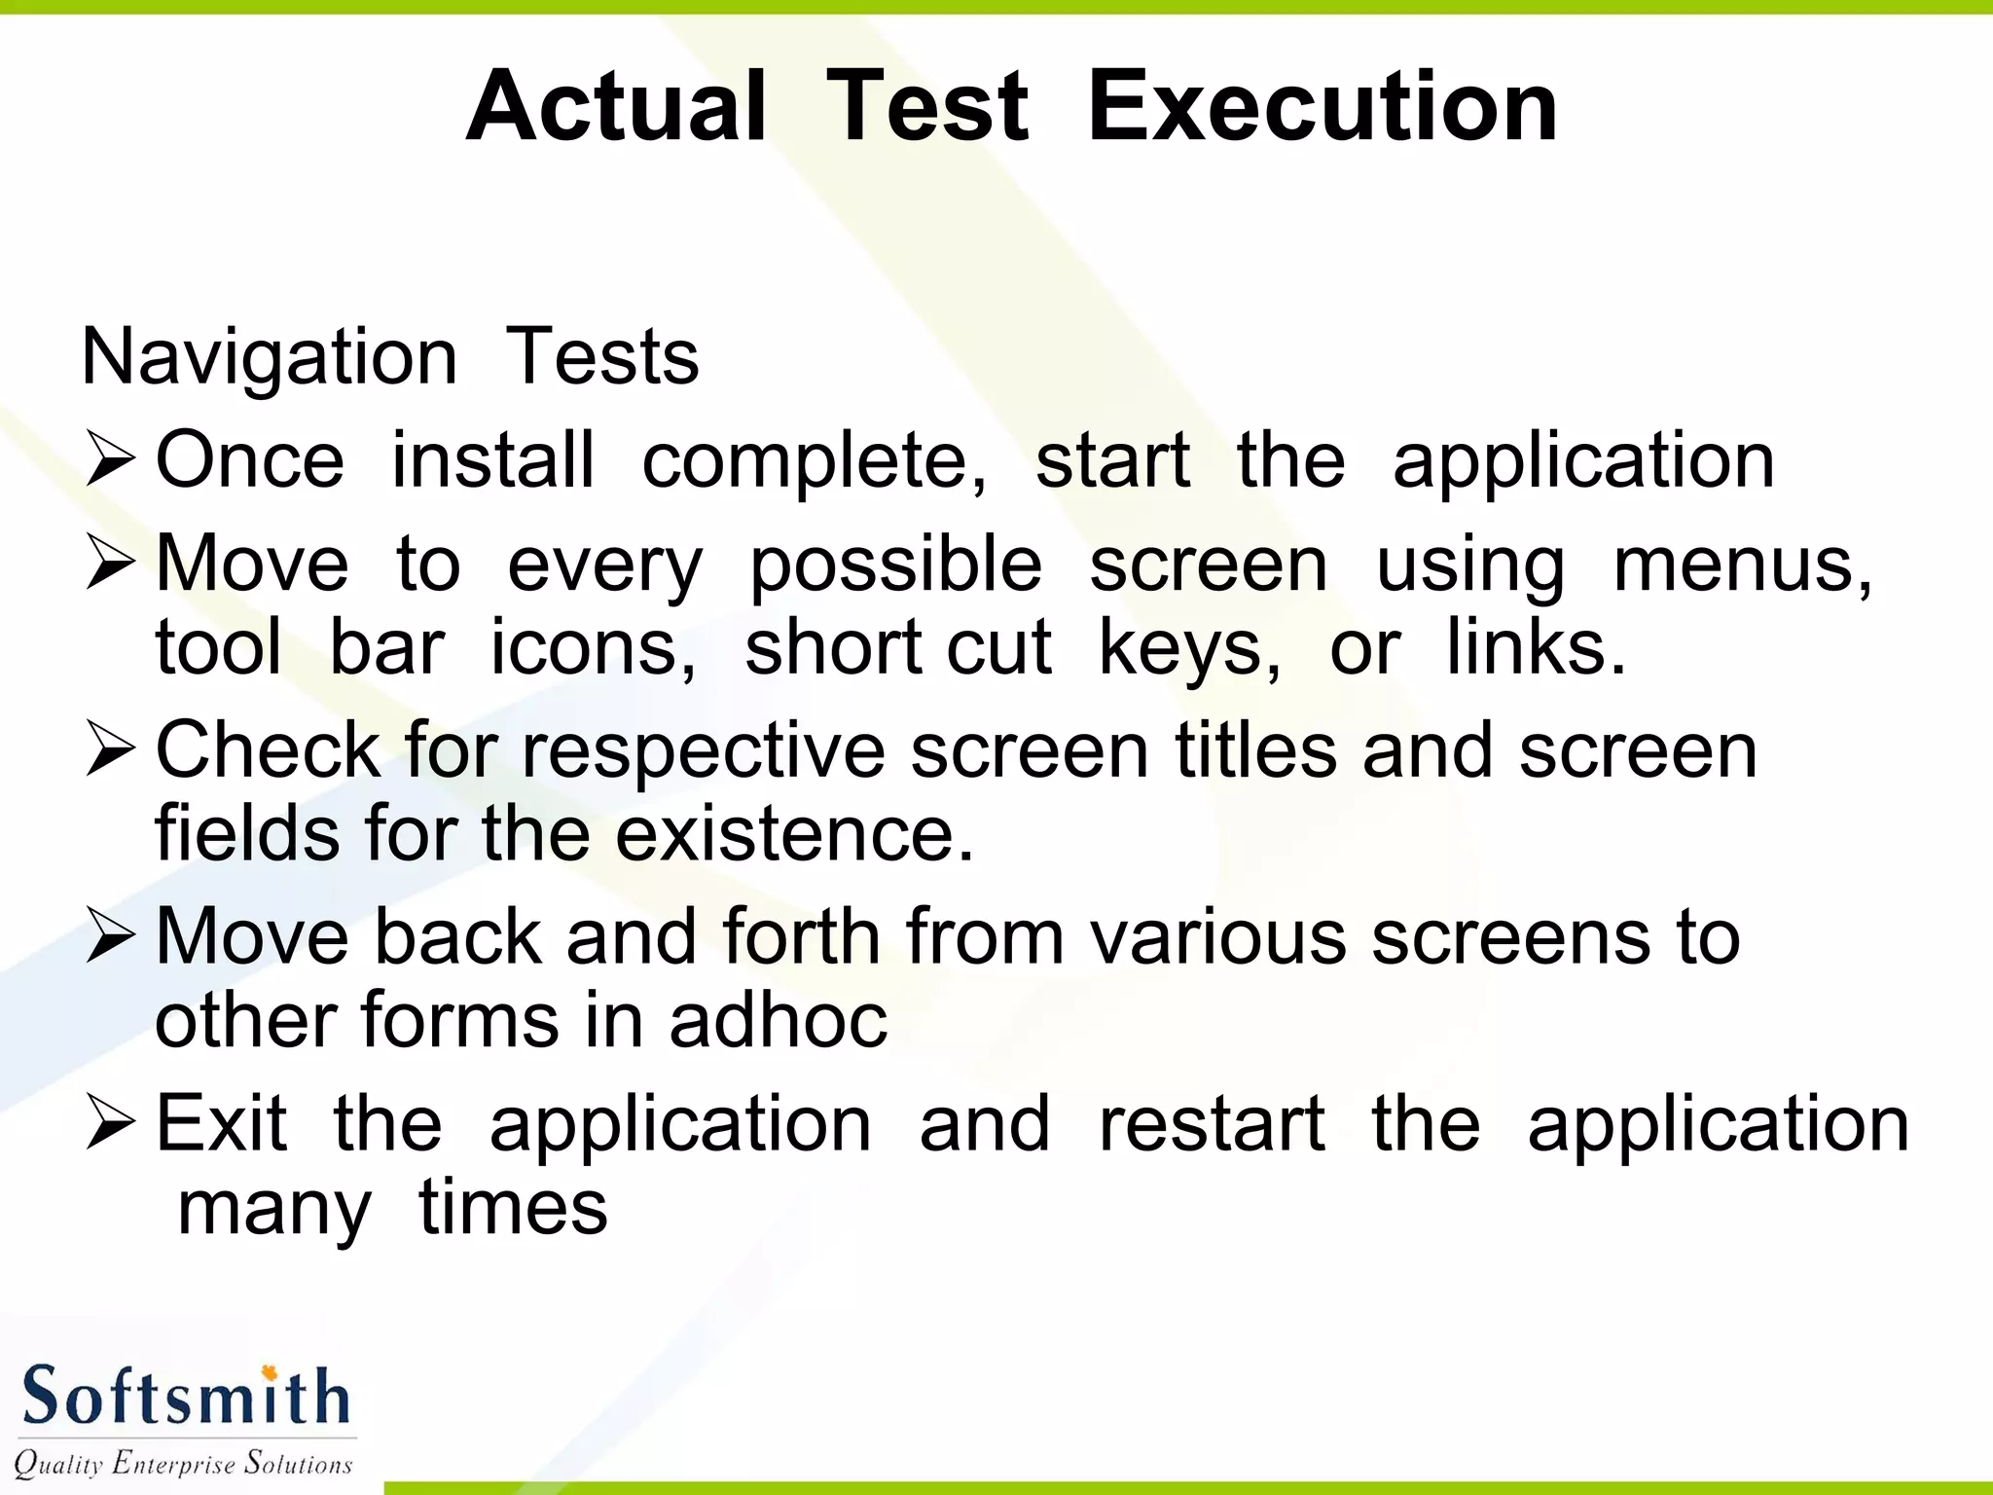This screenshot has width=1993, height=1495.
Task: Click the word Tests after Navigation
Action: click(x=602, y=356)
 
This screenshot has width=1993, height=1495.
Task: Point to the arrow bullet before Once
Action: click(x=109, y=460)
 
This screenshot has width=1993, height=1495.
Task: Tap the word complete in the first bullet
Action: click(x=814, y=461)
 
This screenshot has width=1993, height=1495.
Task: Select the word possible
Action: click(x=895, y=565)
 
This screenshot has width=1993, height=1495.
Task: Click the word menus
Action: click(x=1741, y=565)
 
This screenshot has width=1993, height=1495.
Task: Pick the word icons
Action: click(x=592, y=648)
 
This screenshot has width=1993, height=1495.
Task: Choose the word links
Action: click(x=1535, y=648)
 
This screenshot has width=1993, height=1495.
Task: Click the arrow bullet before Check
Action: click(x=109, y=750)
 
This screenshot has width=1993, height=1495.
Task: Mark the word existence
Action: click(x=794, y=834)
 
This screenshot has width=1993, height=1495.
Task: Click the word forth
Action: click(x=801, y=936)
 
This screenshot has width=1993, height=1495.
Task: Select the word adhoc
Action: click(x=778, y=1020)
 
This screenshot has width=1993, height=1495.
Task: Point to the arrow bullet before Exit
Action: click(x=109, y=1123)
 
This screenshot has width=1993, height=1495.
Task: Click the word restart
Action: click(x=1212, y=1124)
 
